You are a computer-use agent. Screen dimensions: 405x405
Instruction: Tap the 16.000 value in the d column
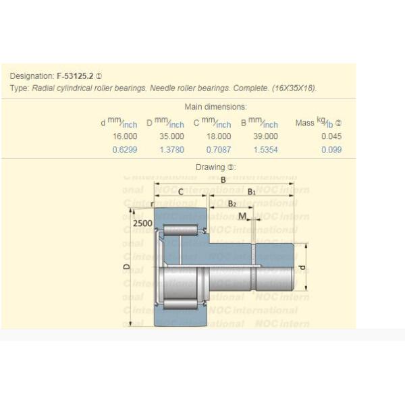pos(125,136)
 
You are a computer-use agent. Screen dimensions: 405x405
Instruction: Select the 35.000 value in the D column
pos(171,136)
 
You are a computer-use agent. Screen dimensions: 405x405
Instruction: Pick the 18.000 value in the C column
pos(218,136)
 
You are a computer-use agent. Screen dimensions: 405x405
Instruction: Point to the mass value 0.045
pos(331,136)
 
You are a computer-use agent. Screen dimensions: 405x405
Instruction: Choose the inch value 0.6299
pos(125,150)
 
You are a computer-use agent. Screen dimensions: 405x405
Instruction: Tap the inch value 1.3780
pos(171,150)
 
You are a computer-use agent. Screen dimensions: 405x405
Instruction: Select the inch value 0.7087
pos(218,150)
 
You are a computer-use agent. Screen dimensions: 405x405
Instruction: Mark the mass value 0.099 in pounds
pos(331,150)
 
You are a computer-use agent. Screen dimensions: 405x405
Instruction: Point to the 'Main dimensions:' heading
pos(215,107)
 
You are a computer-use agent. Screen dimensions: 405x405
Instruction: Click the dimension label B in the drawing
pos(223,180)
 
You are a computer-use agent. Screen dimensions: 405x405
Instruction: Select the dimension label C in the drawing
pos(180,192)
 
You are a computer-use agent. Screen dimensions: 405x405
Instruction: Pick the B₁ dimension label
pos(251,192)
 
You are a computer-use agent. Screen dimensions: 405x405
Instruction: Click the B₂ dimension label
pos(232,204)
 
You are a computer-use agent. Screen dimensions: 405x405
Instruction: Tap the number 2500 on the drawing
pos(142,223)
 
